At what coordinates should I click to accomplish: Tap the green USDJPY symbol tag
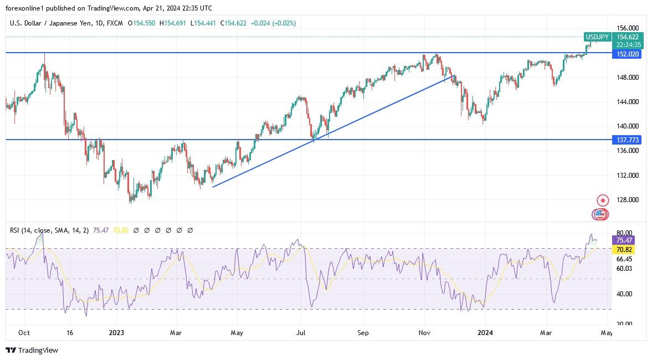click(597, 37)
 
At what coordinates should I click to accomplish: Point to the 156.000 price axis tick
click(627, 28)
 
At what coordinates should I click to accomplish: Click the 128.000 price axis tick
click(627, 200)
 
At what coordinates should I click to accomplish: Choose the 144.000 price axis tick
click(627, 102)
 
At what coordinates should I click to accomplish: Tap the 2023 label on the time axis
click(116, 333)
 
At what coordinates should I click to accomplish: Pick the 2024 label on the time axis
click(485, 333)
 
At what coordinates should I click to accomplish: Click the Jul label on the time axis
click(301, 333)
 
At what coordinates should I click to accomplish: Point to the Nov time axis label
click(425, 333)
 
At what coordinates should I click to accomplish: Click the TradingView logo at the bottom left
click(32, 350)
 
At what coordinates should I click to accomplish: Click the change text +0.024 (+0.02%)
click(273, 23)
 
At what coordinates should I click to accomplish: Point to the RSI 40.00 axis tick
click(624, 294)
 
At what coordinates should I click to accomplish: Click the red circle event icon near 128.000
click(603, 200)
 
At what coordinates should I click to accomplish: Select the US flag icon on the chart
click(599, 214)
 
